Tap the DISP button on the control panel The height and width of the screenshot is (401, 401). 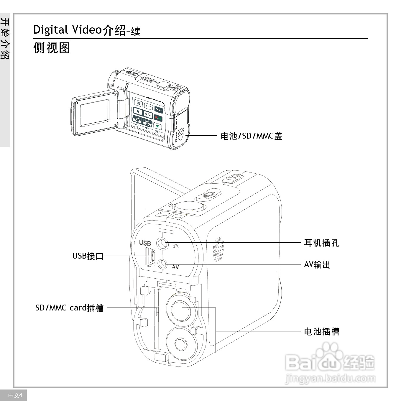click(x=148, y=106)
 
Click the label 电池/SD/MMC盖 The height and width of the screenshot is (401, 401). click(x=252, y=136)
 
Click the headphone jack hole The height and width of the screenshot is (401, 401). click(x=162, y=243)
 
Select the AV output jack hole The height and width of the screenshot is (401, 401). click(x=162, y=264)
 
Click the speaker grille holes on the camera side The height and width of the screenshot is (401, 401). click(x=218, y=249)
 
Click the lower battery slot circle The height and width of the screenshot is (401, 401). click(x=180, y=344)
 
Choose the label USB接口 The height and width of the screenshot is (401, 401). click(x=88, y=256)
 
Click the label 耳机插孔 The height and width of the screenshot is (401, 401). click(x=322, y=243)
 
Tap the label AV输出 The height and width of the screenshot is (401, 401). click(x=317, y=264)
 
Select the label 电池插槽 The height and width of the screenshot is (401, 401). click(x=322, y=332)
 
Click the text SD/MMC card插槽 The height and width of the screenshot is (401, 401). click(x=69, y=308)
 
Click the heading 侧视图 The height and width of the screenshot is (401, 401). click(x=52, y=48)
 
